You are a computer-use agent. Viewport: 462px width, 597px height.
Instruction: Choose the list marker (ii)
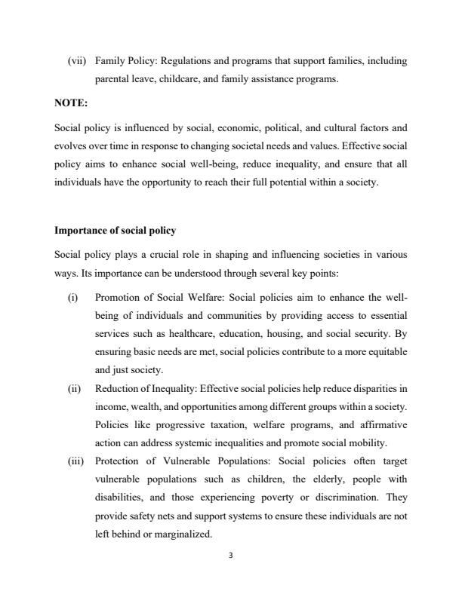pos(75,389)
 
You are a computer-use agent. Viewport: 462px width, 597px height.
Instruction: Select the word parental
pos(112,78)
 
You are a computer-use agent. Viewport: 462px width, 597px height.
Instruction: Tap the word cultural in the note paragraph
pos(339,127)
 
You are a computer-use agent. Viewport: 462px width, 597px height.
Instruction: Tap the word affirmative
pos(381,425)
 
